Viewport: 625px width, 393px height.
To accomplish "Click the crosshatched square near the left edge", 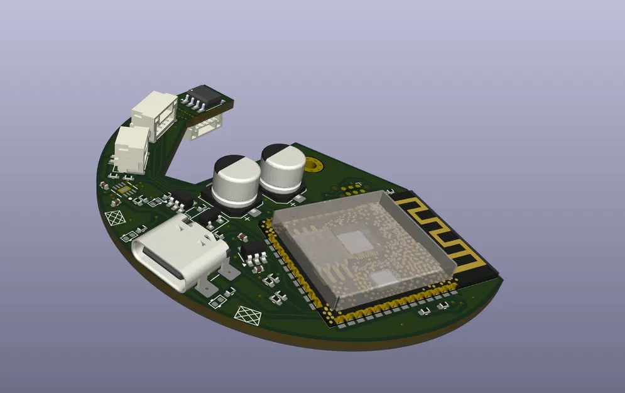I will [x=116, y=218].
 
